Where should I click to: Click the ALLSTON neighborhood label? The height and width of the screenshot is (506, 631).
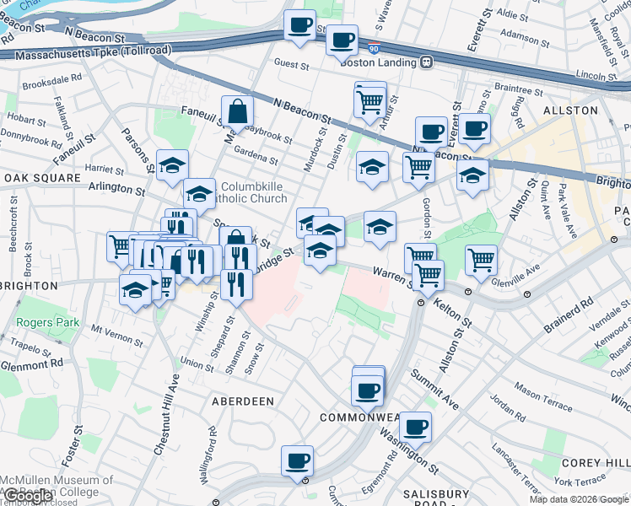click(576, 110)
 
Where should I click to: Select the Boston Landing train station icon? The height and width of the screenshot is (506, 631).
click(427, 62)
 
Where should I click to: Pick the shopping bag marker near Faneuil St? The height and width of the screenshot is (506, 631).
click(238, 110)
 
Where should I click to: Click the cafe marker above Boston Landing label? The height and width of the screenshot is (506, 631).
click(342, 40)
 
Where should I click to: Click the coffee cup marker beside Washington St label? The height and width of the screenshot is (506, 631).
click(414, 427)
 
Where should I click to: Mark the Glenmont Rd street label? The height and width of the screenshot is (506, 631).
click(31, 363)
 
